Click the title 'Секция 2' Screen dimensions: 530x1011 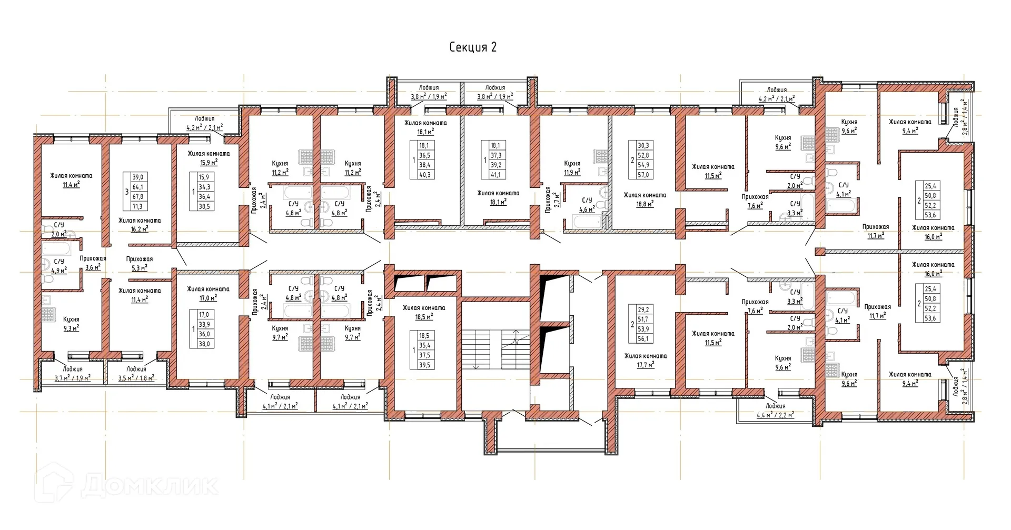tap(472, 47)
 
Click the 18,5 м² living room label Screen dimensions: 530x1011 tap(423, 312)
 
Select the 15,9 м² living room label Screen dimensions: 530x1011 tap(209, 158)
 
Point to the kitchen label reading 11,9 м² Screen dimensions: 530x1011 tap(572, 168)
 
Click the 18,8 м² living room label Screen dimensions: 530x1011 tap(645, 199)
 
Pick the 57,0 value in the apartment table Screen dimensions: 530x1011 tap(644, 175)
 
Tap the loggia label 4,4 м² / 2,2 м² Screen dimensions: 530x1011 tap(775, 411)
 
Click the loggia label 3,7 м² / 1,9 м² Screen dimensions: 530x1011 tap(72, 374)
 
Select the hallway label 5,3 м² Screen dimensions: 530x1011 tap(140, 263)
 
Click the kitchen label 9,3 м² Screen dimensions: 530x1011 tap(71, 324)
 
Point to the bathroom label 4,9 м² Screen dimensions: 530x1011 tap(59, 266)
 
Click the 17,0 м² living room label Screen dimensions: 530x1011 tap(208, 293)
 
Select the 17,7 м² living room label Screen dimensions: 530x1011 tap(645, 360)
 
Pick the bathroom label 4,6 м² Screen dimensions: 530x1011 tap(587, 205)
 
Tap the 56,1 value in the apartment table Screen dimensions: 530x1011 tap(644, 339)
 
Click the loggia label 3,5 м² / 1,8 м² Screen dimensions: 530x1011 tap(136, 374)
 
